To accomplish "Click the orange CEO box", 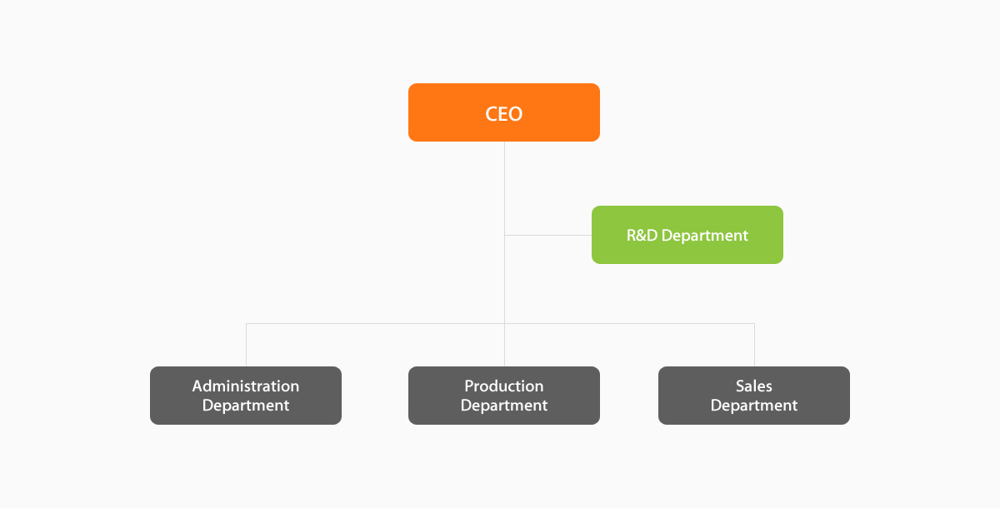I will pyautogui.click(x=503, y=112).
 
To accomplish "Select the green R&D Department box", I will pyautogui.click(x=687, y=235).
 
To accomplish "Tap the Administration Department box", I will pyautogui.click(x=245, y=396).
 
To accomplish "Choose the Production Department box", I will pyautogui.click(x=503, y=396).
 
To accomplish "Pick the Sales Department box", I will pyautogui.click(x=753, y=396).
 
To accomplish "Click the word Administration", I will pyautogui.click(x=245, y=386).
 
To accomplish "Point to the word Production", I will pyautogui.click(x=503, y=386).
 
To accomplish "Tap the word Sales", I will pyautogui.click(x=753, y=386).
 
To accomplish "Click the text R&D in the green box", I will pyautogui.click(x=642, y=236).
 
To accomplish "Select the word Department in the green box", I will pyautogui.click(x=704, y=236).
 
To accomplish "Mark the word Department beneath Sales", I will pyautogui.click(x=753, y=406).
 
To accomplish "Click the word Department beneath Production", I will pyautogui.click(x=503, y=406).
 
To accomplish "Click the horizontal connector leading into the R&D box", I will pyautogui.click(x=548, y=235).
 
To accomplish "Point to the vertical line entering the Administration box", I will pyautogui.click(x=247, y=346).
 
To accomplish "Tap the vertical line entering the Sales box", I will pyautogui.click(x=754, y=346).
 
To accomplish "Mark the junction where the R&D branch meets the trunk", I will pyautogui.click(x=504, y=235).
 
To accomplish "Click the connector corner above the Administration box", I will pyautogui.click(x=247, y=323).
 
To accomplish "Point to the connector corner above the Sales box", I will pyautogui.click(x=754, y=323).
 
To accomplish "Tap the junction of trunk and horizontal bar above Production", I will pyautogui.click(x=504, y=323).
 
